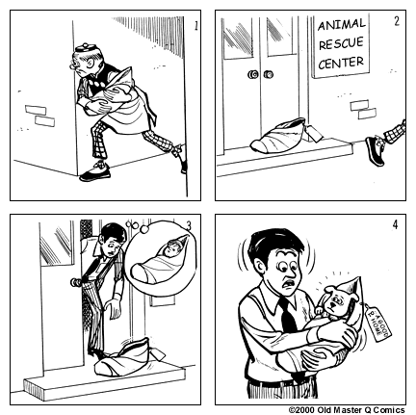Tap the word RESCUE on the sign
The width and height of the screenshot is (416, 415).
[341, 44]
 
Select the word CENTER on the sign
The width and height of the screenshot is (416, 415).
[342, 64]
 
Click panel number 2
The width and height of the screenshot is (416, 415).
[397, 19]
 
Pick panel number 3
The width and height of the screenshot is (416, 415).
[189, 226]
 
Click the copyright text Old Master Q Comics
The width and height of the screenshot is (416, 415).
[350, 408]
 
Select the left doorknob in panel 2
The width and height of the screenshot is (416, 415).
[253, 75]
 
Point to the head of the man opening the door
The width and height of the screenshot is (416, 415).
[112, 239]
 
